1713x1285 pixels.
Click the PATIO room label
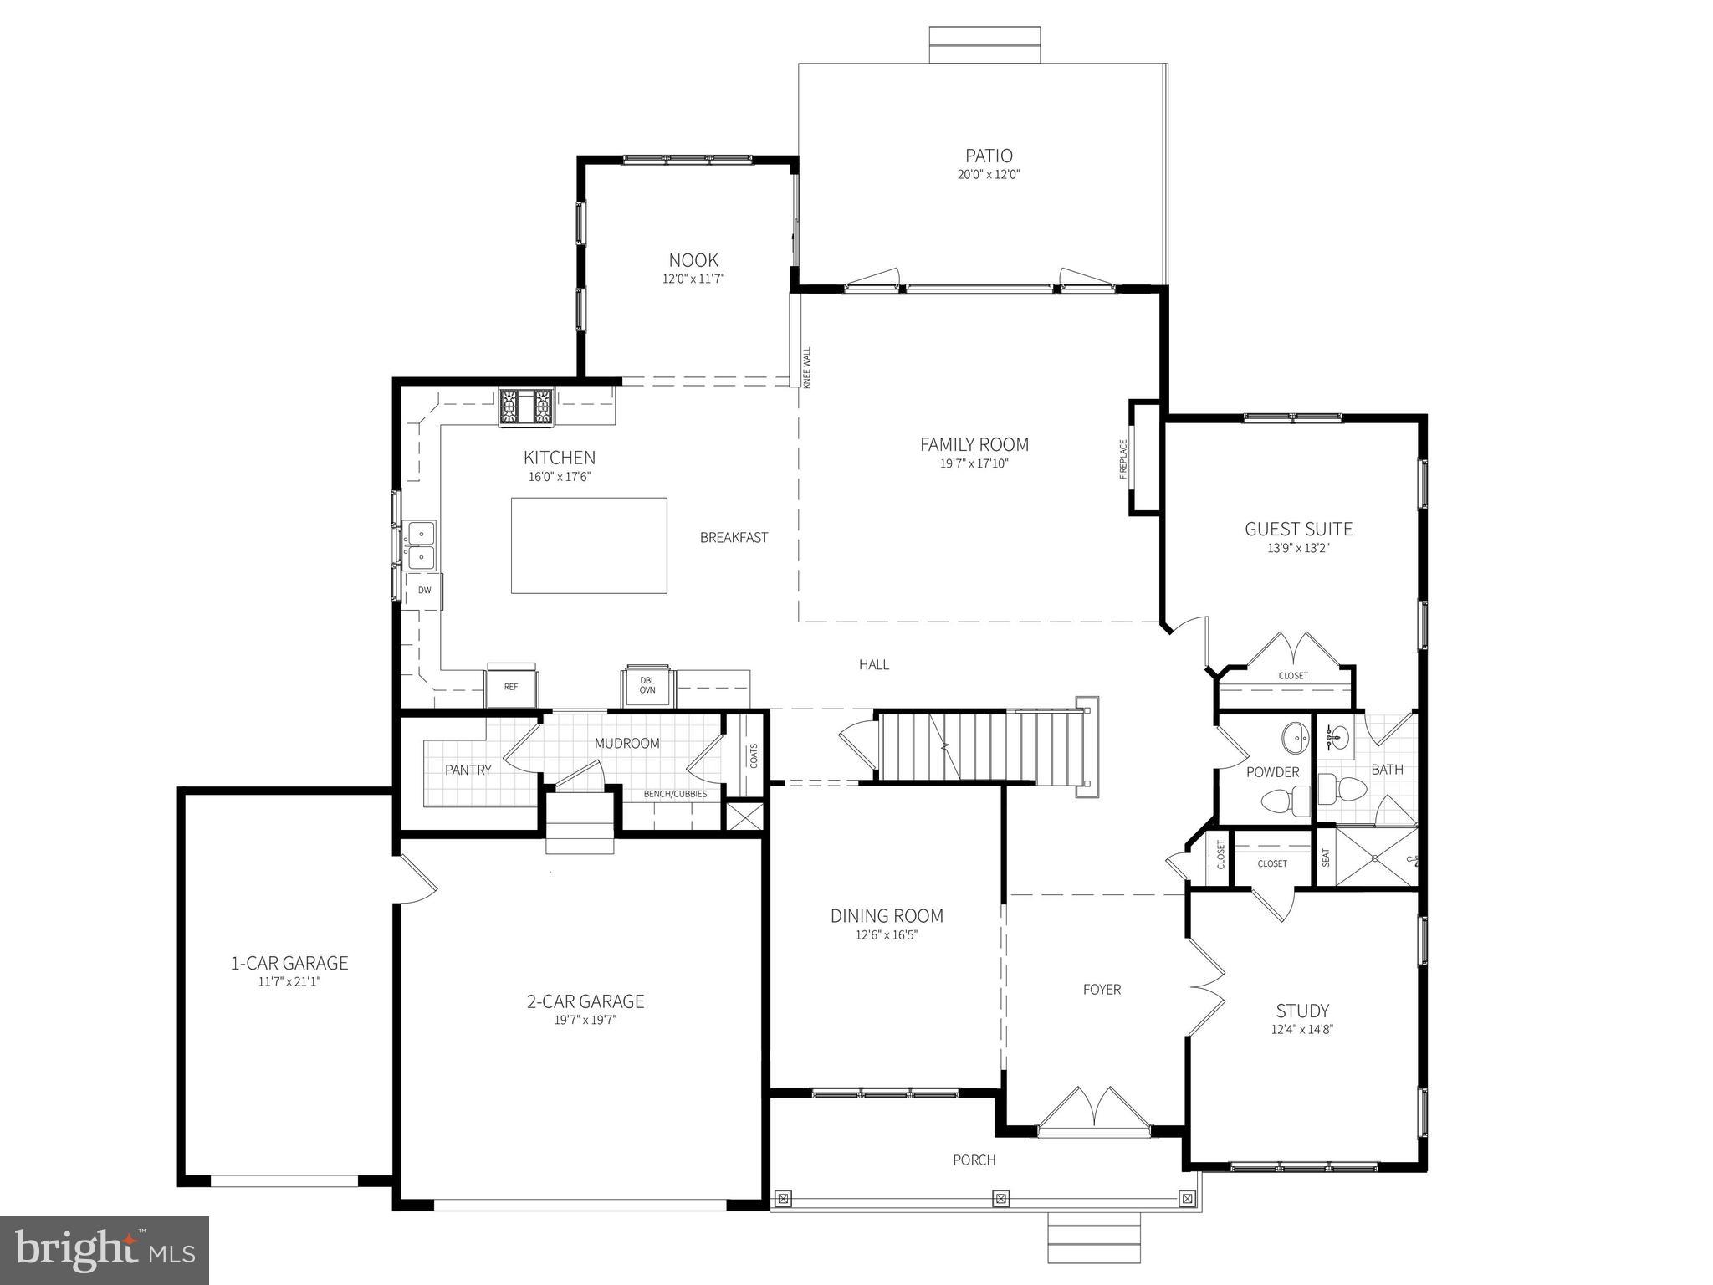[x=989, y=156]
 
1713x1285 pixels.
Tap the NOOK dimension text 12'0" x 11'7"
[x=693, y=279]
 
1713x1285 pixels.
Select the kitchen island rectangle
[x=589, y=545]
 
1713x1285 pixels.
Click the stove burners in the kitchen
[x=526, y=408]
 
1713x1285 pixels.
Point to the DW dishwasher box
[x=425, y=591]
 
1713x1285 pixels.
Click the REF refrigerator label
[x=511, y=687]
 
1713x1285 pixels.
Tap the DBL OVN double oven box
[x=647, y=686]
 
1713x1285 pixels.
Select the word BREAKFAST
[x=734, y=538]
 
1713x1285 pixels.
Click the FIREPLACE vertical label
[x=1123, y=459]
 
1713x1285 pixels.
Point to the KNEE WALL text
[x=807, y=367]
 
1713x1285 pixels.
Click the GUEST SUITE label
[x=1298, y=529]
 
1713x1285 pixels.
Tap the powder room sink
[x=1297, y=738]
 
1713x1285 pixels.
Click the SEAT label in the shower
[x=1326, y=858]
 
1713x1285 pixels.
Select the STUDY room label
[x=1302, y=1011]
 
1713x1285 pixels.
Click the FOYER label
[x=1102, y=990]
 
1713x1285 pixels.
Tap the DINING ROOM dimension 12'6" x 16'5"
[x=887, y=935]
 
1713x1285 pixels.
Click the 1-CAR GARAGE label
[x=289, y=963]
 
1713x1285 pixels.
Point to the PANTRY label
[x=468, y=770]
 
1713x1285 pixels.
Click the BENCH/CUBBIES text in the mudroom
[x=675, y=794]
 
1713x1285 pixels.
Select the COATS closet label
[x=754, y=755]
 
